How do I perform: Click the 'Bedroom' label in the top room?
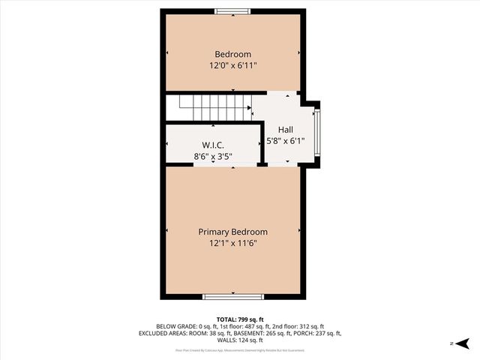point(232,54)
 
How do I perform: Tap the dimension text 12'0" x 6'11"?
point(232,66)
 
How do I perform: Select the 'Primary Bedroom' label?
point(232,232)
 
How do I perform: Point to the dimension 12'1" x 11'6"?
point(232,244)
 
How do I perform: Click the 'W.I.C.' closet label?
point(213,145)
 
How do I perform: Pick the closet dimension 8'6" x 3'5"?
point(213,157)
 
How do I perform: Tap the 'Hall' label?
point(285,129)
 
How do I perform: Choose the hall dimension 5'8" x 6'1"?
point(285,141)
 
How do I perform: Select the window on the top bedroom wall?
point(232,10)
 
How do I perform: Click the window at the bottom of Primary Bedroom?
point(232,297)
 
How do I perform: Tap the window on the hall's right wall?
point(318,133)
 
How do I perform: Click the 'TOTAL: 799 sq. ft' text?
point(239,319)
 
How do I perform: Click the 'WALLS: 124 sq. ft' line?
point(239,340)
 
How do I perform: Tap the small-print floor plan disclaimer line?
point(239,349)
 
